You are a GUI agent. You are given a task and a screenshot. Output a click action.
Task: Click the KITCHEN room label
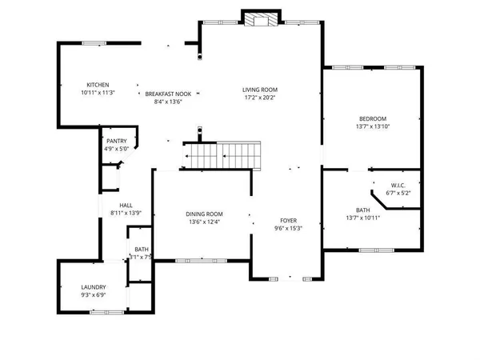[98, 85]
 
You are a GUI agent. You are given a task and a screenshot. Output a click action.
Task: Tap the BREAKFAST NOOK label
[167, 94]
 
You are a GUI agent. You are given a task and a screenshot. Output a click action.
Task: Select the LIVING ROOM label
[259, 90]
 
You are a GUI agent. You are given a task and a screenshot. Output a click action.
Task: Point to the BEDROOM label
[371, 118]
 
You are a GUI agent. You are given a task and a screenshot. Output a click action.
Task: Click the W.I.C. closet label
[397, 185]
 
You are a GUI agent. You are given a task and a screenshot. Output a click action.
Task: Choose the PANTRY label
[116, 141]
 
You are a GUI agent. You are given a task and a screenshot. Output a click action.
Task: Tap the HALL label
[126, 205]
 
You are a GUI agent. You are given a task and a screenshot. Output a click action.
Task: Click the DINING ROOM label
[204, 214]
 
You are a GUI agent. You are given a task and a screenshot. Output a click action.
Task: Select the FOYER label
[288, 220]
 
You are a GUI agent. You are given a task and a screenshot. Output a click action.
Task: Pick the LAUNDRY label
[93, 287]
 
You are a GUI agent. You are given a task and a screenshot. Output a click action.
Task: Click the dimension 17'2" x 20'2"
[259, 98]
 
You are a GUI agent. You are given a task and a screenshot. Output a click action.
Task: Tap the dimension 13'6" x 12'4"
[204, 222]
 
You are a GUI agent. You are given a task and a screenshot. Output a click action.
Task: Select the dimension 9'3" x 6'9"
[93, 295]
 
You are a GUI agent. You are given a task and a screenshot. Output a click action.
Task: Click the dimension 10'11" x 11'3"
[98, 93]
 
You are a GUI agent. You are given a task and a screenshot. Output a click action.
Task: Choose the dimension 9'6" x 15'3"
[288, 228]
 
